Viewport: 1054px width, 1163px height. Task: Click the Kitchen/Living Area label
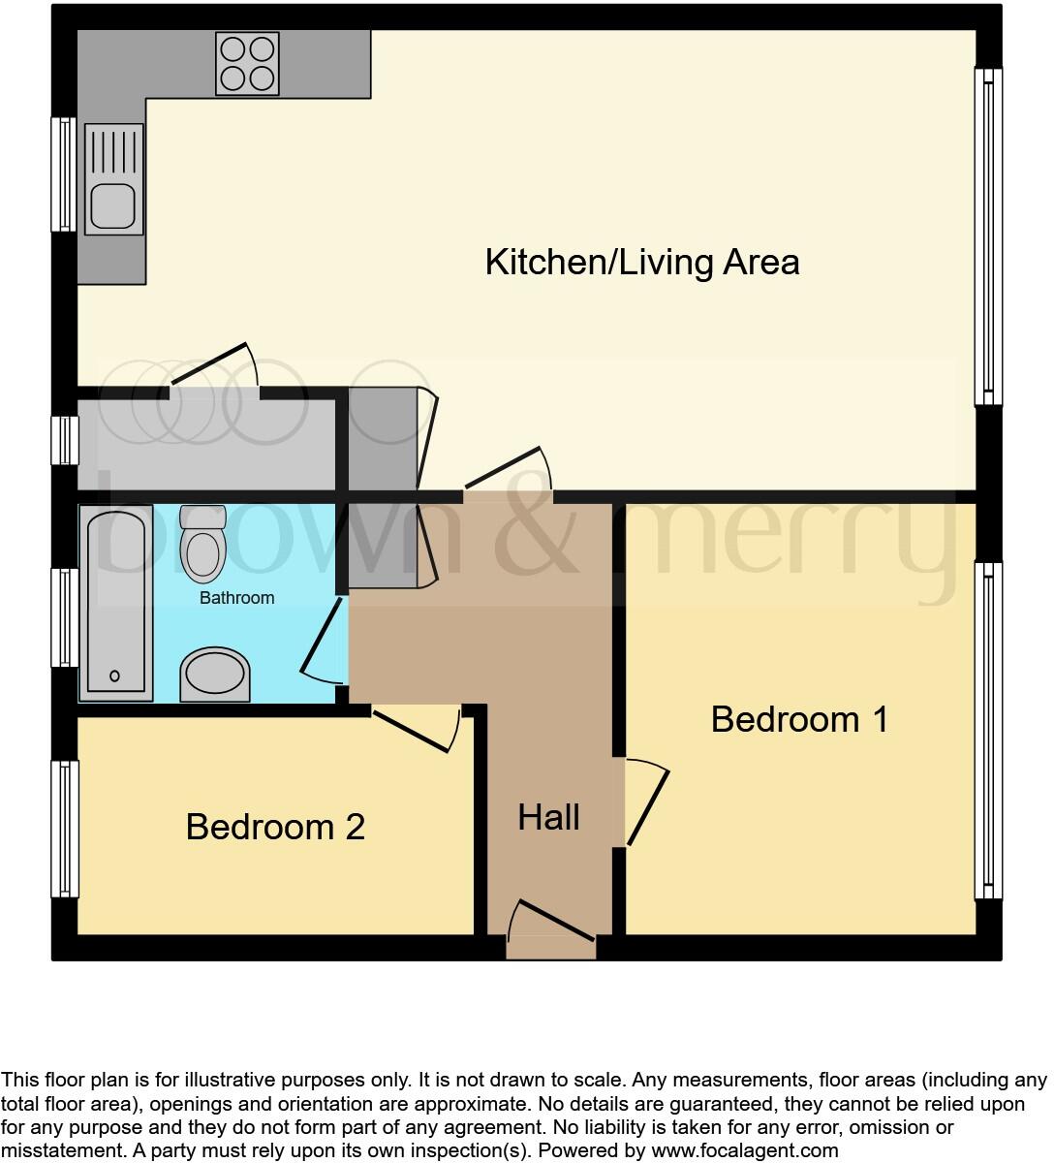pos(642,263)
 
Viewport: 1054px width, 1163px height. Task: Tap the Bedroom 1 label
pos(799,719)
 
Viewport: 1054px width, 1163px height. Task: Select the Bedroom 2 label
pos(275,827)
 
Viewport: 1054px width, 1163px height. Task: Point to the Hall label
pos(548,817)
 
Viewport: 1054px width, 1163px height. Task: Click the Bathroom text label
pos(236,598)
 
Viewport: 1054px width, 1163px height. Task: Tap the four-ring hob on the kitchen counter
pos(247,64)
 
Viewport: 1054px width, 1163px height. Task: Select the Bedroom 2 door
pos(414,731)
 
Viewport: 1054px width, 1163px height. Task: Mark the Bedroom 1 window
pos(988,731)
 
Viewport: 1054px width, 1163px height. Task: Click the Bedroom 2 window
pos(65,829)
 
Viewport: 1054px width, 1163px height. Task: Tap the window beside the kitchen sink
pos(64,174)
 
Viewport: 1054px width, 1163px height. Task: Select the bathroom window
pos(65,617)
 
